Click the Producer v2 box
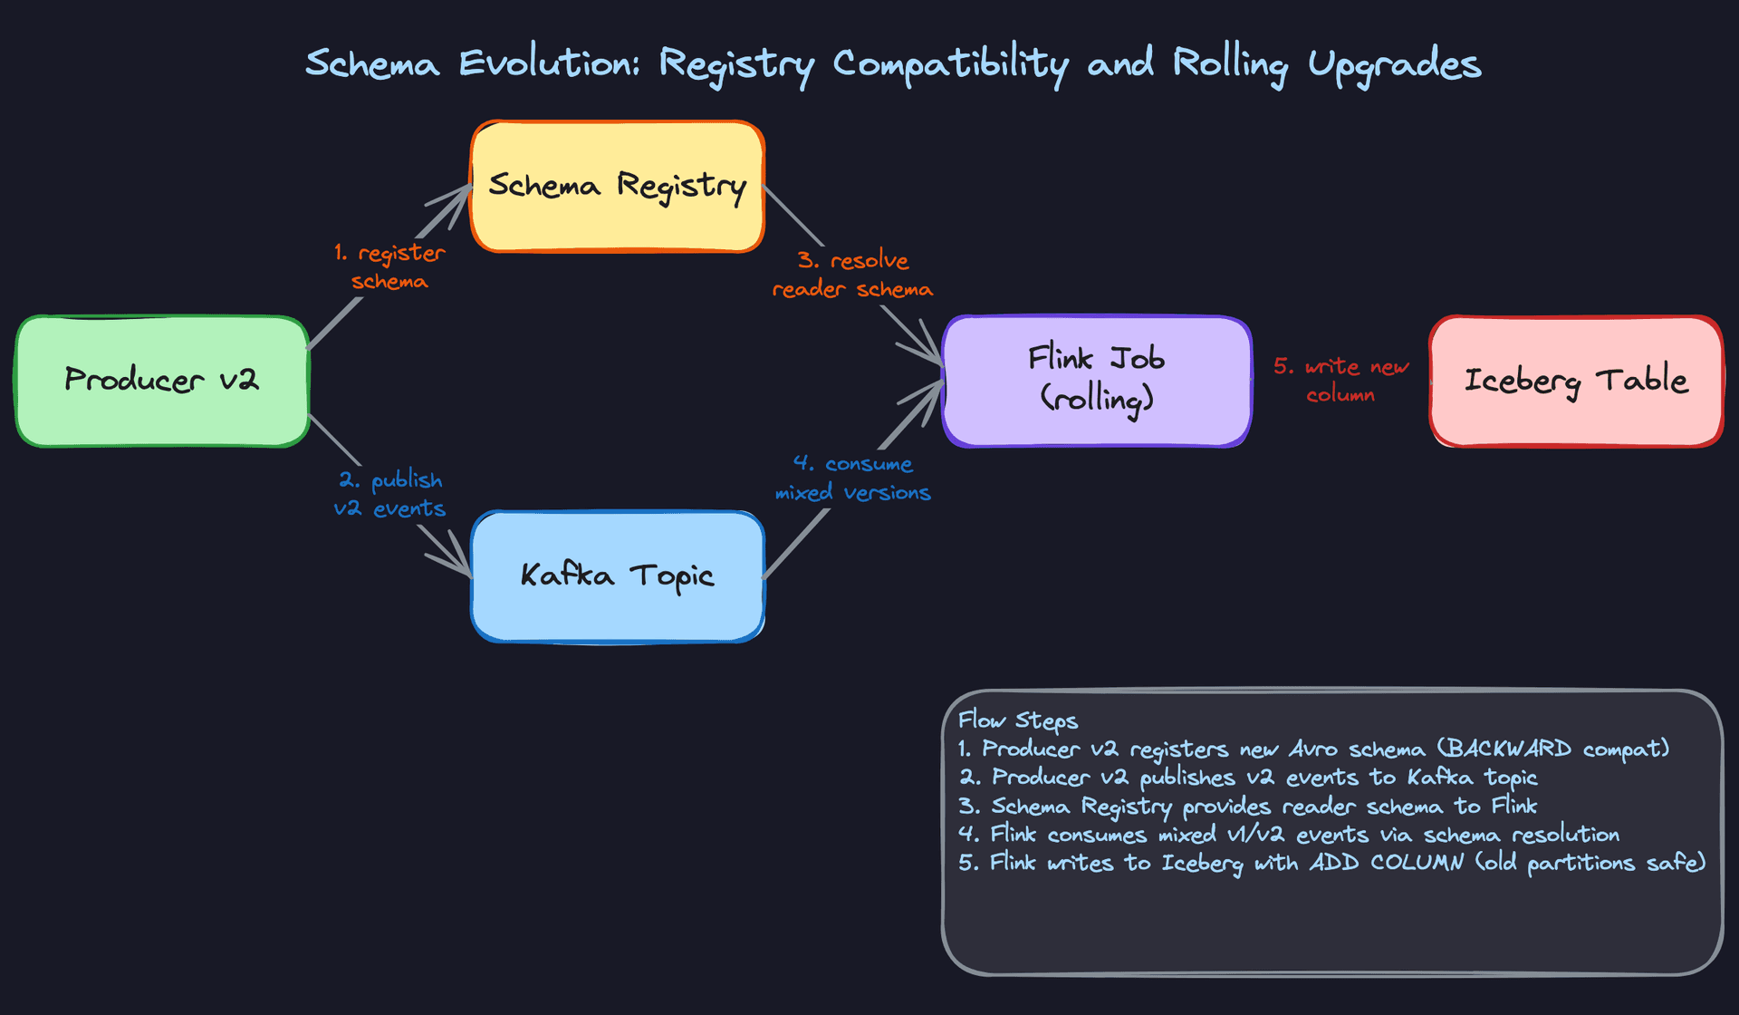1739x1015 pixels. point(162,381)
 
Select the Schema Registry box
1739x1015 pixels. point(618,186)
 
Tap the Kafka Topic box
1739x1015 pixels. point(618,576)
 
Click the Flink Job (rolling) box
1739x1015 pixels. point(1097,381)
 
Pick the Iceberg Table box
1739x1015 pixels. point(1576,381)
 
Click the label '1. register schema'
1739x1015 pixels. point(389,266)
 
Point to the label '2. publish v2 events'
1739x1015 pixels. point(389,494)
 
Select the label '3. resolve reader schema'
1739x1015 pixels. point(852,275)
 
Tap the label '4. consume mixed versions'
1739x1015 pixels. point(852,478)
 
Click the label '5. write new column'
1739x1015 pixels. point(1340,380)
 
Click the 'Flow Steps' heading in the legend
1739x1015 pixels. point(1017,720)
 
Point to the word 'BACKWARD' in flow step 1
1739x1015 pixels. point(1508,749)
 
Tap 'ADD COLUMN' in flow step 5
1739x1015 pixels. point(1386,862)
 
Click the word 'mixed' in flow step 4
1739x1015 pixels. point(1187,834)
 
